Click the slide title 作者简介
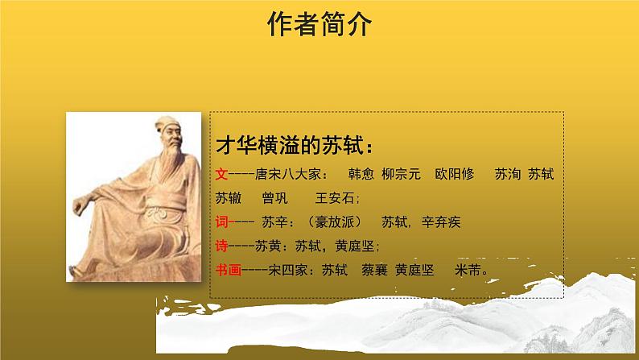click(319, 25)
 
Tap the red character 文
click(222, 173)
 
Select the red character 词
click(222, 221)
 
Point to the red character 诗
click(222, 246)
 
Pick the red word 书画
click(229, 270)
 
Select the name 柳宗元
click(401, 173)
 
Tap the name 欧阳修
click(456, 173)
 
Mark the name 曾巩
click(274, 197)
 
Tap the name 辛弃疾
click(438, 221)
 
